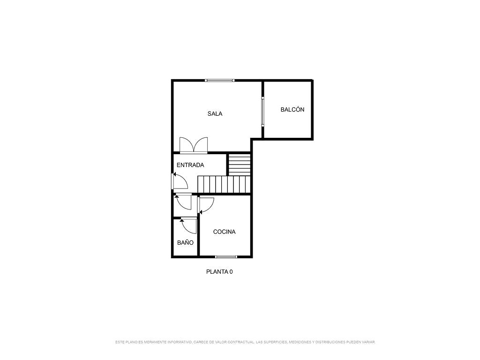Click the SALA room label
[215, 113]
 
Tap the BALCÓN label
[292, 109]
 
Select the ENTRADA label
[190, 165]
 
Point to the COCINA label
[224, 232]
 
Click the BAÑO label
[185, 242]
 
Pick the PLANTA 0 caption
[219, 271]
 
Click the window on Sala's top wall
[220, 81]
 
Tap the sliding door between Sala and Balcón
[262, 112]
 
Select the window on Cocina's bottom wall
[226, 256]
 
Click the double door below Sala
[194, 145]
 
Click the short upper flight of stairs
[240, 165]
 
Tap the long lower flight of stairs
[224, 184]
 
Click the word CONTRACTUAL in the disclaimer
[241, 342]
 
